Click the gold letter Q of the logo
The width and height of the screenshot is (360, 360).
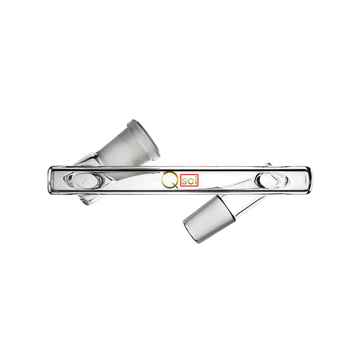click(x=167, y=179)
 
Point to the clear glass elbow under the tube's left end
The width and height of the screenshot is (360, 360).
click(x=87, y=200)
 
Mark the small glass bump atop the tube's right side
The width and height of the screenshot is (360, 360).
click(x=268, y=164)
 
